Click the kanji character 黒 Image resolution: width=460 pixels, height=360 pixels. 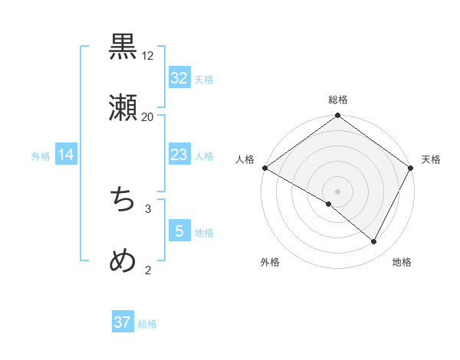click(123, 47)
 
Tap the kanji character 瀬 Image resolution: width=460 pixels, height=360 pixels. click(123, 109)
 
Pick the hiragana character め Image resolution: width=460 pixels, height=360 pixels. click(123, 262)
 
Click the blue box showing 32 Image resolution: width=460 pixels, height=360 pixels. click(179, 78)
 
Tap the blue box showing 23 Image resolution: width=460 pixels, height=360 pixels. click(179, 155)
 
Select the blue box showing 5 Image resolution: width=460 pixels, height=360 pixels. click(179, 231)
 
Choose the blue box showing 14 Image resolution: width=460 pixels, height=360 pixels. click(66, 155)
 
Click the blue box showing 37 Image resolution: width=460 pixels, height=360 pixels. click(123, 322)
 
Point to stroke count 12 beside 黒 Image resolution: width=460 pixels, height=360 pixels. click(148, 56)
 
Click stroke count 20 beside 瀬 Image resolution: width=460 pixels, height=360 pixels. click(148, 117)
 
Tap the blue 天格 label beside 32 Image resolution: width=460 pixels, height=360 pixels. click(204, 79)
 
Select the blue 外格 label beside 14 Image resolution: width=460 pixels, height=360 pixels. click(41, 156)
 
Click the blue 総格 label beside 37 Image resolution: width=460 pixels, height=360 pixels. click(147, 323)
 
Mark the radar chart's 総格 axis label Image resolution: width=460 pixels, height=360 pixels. click(338, 100)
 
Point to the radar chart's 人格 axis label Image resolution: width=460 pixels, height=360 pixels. click(245, 159)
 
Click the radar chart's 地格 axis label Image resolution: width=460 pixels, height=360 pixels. click(402, 263)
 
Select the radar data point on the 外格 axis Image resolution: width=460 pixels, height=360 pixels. click(329, 204)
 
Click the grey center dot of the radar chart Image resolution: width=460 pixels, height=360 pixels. click(338, 191)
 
